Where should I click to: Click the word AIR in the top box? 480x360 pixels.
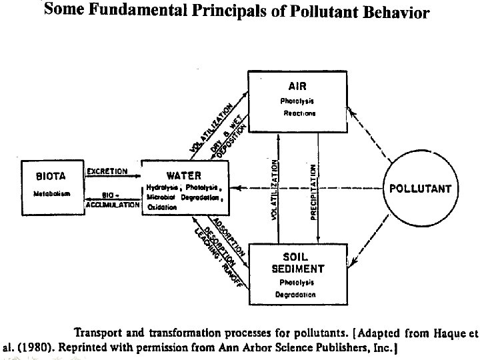coord(297,86)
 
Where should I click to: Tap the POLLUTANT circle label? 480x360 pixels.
coord(420,189)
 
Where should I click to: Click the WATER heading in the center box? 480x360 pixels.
coord(183,176)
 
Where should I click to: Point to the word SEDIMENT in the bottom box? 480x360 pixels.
coord(297,269)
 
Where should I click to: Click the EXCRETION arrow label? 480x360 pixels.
coord(107,171)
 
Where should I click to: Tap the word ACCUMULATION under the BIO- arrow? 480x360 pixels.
coord(113,205)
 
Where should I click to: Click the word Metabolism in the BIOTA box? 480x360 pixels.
coord(51,193)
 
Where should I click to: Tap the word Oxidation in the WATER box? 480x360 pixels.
coord(162,207)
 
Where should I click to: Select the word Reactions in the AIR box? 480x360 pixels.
coord(299,113)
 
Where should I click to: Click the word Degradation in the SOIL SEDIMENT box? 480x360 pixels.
coord(295,294)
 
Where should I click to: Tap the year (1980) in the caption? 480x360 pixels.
coord(31,347)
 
